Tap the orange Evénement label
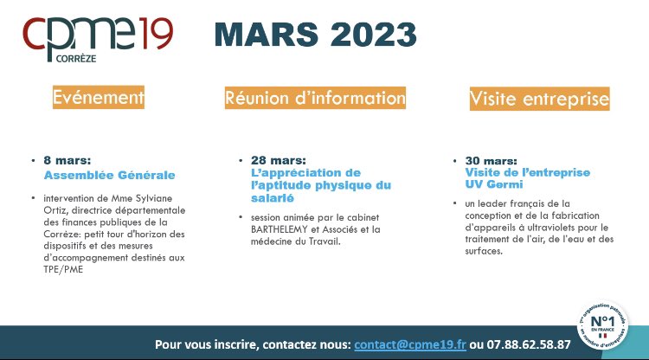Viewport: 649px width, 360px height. tap(97, 98)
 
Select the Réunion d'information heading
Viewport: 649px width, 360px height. tap(315, 98)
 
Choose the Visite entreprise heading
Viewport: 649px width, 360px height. tap(539, 100)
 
